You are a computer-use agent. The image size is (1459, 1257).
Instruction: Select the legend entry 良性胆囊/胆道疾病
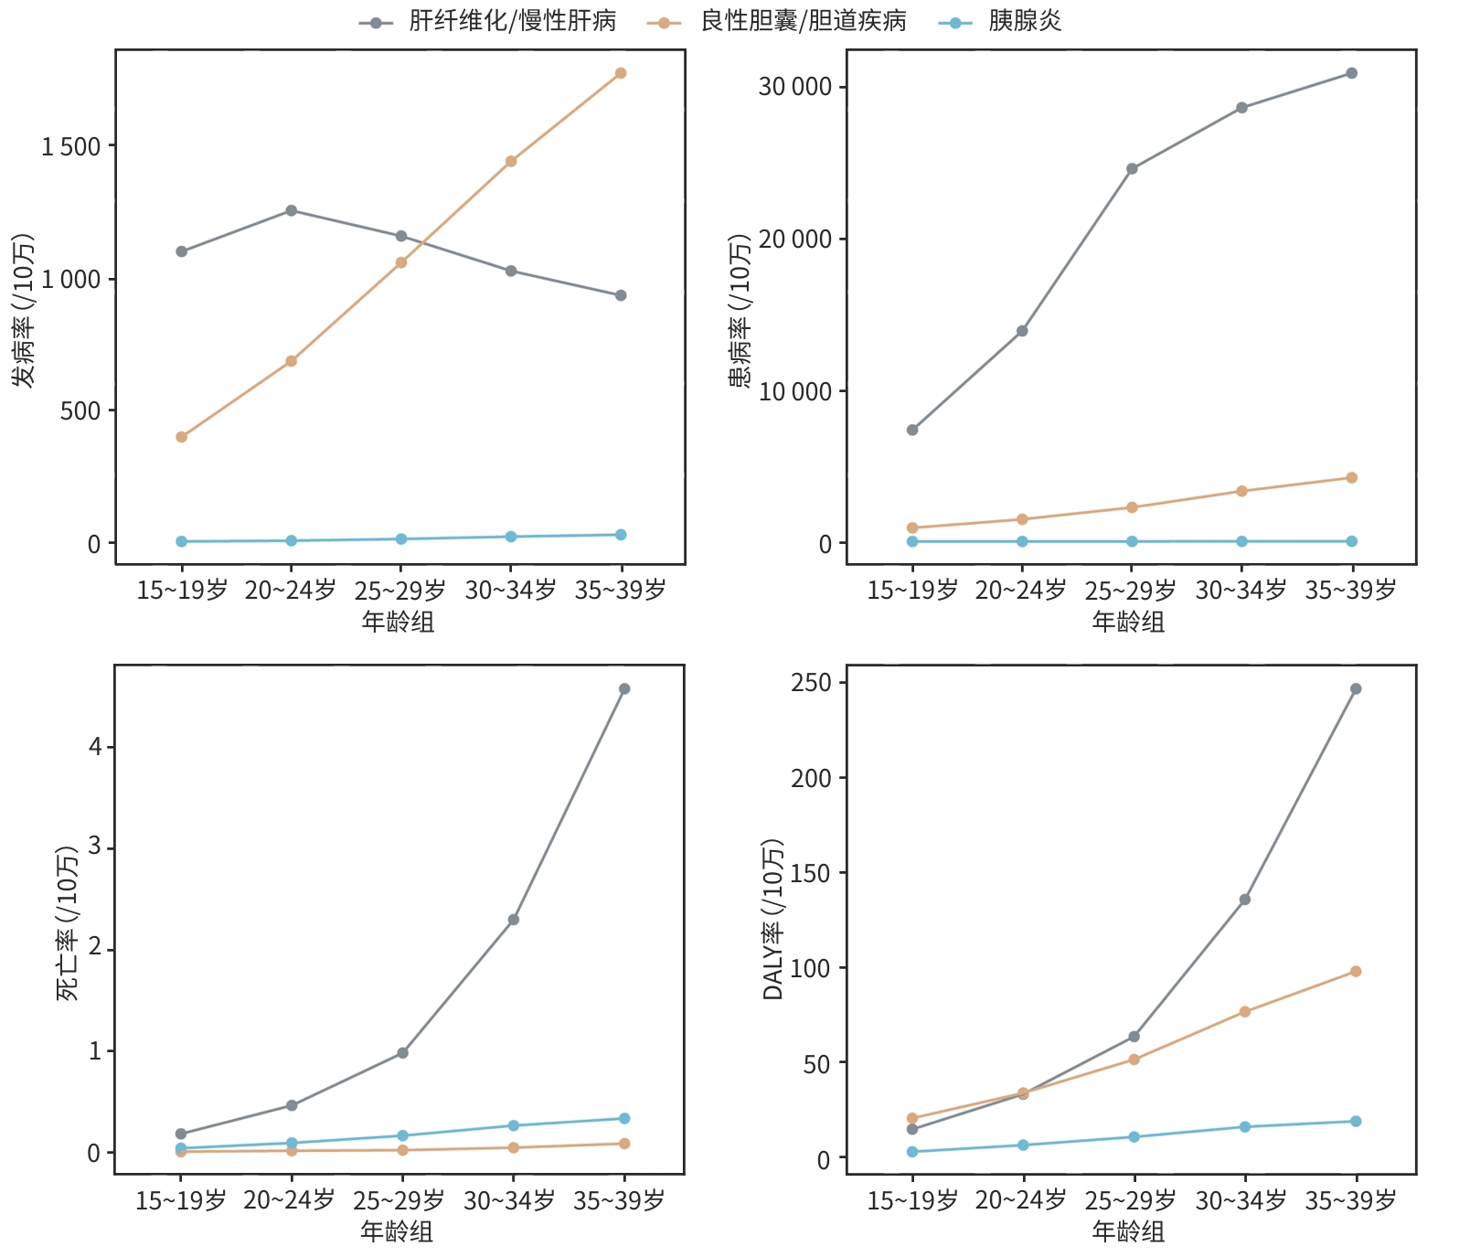pos(803,21)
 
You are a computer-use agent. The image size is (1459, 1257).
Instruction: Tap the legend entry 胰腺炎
pos(1025,21)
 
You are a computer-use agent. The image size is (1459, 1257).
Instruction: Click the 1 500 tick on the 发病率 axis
pos(71,146)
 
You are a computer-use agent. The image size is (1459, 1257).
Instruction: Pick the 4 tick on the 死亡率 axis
pos(95,747)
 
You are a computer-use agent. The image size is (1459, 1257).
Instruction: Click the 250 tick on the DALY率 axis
pos(813,683)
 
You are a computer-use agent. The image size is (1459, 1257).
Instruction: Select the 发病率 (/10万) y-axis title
pos(23,311)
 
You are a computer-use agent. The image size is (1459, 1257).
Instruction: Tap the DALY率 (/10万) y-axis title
pos(772,919)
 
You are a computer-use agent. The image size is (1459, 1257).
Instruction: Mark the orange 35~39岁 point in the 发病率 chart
pos(621,73)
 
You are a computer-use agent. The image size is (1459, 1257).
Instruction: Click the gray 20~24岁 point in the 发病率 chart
pos(292,210)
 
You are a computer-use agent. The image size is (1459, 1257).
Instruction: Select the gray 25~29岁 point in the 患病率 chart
pos(1132,169)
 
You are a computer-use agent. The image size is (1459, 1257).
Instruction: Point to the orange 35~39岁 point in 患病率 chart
pos(1351,478)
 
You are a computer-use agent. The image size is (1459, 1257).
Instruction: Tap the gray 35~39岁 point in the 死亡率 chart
pos(624,689)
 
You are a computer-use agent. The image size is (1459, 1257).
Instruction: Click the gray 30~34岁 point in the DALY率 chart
pos(1245,900)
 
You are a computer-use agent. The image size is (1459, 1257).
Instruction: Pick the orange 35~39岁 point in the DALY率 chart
pos(1356,972)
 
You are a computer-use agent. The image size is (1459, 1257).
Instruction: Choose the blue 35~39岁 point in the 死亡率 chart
pos(624,1119)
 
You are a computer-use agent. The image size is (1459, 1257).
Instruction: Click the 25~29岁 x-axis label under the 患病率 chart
pos(1131,591)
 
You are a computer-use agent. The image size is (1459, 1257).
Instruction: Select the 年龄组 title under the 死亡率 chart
pos(397,1231)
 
